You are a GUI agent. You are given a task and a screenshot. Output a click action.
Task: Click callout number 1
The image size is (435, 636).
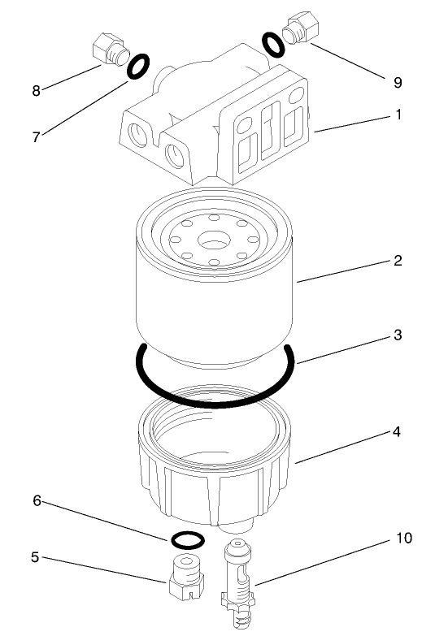click(x=398, y=115)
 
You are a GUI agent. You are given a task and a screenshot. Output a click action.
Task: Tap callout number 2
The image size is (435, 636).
click(x=398, y=261)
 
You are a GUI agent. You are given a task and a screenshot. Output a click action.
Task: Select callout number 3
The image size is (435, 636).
click(x=398, y=335)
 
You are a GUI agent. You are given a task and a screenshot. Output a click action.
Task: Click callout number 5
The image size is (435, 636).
click(x=35, y=558)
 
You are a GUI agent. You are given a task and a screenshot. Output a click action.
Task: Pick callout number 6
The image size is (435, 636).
click(x=35, y=501)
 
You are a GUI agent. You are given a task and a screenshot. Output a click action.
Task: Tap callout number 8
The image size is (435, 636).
click(x=35, y=90)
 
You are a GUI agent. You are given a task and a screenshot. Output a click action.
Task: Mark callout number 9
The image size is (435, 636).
click(x=398, y=82)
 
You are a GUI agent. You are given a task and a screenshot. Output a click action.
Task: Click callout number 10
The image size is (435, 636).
click(x=403, y=539)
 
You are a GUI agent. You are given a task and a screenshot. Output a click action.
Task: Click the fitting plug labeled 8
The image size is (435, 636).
click(x=108, y=50)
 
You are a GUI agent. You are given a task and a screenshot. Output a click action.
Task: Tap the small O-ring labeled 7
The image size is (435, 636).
click(x=138, y=67)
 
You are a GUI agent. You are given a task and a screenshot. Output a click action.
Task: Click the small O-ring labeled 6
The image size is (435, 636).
click(x=188, y=539)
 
